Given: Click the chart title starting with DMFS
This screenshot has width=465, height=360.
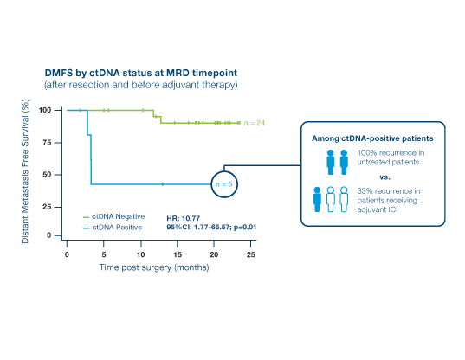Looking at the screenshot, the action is (141, 73).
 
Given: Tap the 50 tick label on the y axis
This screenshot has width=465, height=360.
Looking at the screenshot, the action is (47, 175).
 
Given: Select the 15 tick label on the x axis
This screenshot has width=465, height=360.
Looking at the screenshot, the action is (178, 254).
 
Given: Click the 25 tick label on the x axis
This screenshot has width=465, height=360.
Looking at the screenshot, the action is (251, 254).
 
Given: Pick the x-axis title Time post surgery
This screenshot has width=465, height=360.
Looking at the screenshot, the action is (154, 267).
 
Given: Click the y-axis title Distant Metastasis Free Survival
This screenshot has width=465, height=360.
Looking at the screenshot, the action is (25, 171).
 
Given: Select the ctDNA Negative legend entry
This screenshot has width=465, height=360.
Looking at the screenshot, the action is (114, 216).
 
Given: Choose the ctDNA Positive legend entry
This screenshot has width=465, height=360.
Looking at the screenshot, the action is (113, 228).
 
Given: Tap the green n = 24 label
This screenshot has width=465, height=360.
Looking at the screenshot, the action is (255, 123).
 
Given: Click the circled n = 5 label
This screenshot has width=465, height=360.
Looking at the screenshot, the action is (224, 184).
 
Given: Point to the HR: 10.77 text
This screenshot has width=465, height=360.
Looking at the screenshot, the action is (184, 219).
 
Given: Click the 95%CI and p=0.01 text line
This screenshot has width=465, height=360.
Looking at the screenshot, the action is (211, 228).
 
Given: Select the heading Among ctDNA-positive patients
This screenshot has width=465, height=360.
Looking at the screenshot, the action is (372, 138).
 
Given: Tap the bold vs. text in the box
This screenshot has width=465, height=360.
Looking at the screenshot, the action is (384, 177).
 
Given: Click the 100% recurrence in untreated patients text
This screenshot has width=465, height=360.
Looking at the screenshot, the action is (391, 157).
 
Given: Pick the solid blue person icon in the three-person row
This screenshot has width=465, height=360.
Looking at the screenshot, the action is (317, 199).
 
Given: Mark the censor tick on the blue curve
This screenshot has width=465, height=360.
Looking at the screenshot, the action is (163, 184).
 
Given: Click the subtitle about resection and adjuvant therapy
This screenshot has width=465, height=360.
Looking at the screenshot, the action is (141, 85).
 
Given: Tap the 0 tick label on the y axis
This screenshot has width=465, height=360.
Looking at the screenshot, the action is (49, 235).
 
